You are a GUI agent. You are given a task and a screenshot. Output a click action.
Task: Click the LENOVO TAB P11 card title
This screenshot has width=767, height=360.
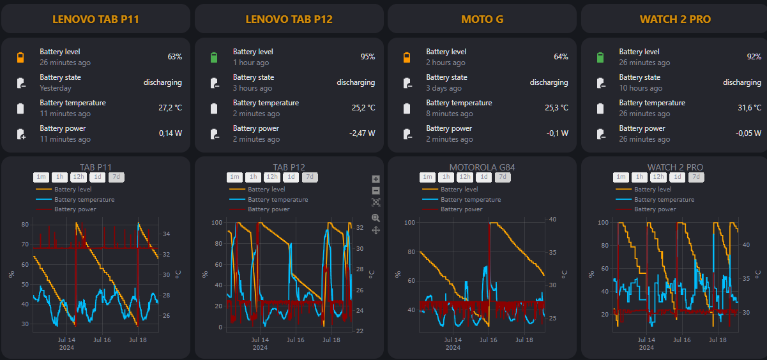point(96,19)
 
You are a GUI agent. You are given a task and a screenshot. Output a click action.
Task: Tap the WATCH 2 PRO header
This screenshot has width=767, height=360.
point(675,19)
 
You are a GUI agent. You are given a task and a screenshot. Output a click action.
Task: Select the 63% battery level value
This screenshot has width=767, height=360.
point(175,57)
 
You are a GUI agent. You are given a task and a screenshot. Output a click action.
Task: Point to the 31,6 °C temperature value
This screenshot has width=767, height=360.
point(749,108)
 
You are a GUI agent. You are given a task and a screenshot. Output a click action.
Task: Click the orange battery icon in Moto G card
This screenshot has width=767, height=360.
point(407,57)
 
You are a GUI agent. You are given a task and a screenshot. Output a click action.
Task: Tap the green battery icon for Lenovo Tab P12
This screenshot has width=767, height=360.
point(214,57)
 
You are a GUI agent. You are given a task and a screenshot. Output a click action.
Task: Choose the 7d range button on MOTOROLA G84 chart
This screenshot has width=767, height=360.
point(503,177)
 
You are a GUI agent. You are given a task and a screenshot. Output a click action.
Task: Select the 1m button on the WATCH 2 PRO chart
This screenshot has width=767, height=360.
point(620,177)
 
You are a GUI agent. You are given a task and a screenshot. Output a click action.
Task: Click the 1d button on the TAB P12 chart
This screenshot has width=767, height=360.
point(291,177)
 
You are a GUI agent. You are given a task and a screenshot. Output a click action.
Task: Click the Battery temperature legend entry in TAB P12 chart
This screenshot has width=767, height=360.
point(277,200)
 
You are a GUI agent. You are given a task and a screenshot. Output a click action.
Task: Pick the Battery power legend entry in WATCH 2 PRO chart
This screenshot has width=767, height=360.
point(655,209)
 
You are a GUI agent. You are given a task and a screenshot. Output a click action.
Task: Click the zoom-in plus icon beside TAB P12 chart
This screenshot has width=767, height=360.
point(376,179)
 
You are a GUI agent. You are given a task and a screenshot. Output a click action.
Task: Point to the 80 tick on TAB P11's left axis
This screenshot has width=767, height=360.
point(25,225)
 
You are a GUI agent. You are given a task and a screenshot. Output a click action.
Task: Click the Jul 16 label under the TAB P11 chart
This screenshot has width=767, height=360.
point(102,340)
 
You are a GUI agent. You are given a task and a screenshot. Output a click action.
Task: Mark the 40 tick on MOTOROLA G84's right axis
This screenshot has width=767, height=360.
point(553,220)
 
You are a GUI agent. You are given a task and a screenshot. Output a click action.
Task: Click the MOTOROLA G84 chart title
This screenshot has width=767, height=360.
point(482,167)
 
